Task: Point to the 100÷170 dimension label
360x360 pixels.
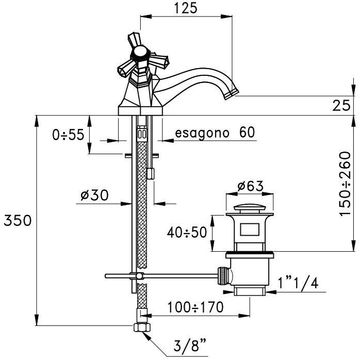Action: tap(195, 308)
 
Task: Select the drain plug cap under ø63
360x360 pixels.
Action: tap(250, 208)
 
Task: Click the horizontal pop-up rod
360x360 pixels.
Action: tap(170, 276)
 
